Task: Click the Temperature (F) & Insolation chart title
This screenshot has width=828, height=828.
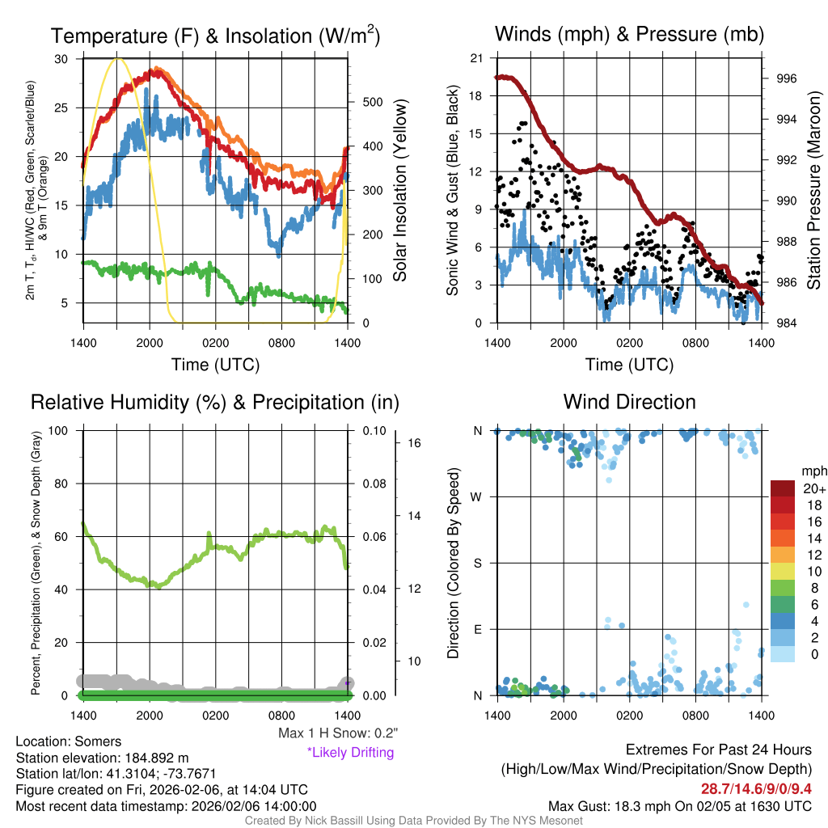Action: tap(215, 36)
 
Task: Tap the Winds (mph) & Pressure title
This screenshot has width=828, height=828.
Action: tap(629, 34)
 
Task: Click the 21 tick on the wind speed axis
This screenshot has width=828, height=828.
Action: tap(476, 58)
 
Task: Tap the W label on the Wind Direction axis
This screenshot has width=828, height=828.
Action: tap(478, 497)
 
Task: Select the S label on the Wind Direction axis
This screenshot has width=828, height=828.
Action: tap(478, 564)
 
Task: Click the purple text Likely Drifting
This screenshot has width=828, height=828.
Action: tap(350, 753)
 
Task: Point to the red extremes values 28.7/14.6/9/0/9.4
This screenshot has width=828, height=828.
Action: tap(755, 788)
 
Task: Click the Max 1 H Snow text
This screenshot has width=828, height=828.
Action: tap(338, 733)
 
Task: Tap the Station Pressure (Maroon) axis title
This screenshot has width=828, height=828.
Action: tap(814, 190)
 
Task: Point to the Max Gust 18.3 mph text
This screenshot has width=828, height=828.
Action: tap(680, 805)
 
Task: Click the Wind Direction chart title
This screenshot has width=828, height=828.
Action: tap(629, 402)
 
